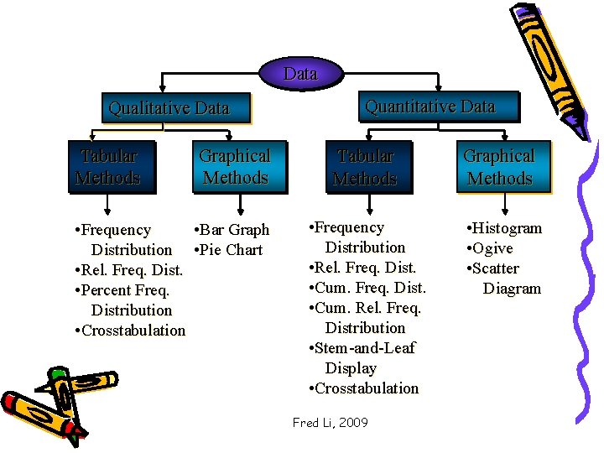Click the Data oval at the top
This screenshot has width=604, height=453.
click(300, 74)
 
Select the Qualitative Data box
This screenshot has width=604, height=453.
click(169, 108)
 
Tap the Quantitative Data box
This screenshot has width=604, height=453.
click(430, 107)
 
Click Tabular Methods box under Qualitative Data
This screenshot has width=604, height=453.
click(108, 167)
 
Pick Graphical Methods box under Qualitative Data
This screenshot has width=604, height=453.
click(235, 167)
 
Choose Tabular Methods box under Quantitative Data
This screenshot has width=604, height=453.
click(365, 167)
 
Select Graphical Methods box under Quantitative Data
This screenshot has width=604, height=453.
click(499, 167)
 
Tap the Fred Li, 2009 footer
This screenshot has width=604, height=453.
click(330, 423)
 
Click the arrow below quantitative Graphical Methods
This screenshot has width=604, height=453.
click(504, 206)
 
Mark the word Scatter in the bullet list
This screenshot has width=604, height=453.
click(496, 268)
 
